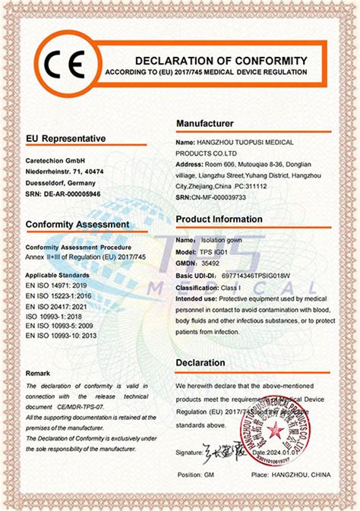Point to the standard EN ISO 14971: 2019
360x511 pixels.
pos(58,280)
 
